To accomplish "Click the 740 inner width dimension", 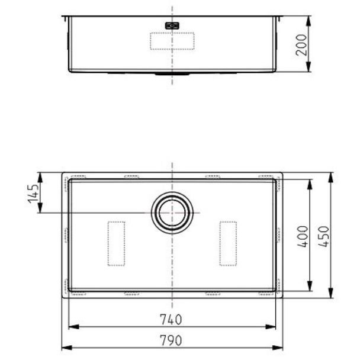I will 171,320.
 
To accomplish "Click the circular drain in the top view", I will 172,212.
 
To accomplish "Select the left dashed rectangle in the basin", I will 116,243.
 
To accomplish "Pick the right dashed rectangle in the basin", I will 228,243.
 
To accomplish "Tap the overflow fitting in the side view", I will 172,25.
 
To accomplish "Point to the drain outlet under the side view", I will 172,75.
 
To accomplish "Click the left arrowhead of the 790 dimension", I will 65,347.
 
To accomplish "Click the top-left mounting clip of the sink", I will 78,176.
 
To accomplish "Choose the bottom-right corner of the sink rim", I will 281,297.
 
